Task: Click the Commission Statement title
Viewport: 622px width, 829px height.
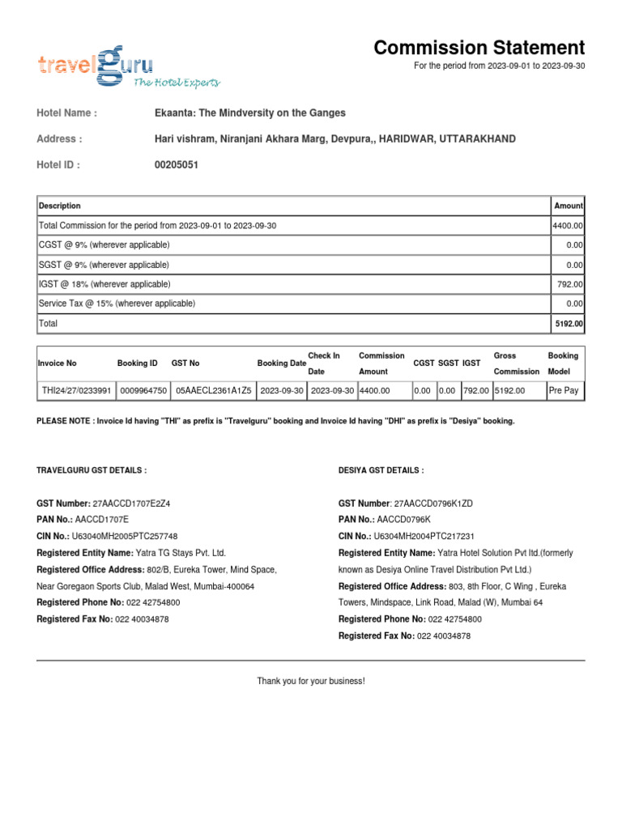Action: click(x=479, y=48)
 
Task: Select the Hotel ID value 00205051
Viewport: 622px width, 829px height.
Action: click(x=176, y=165)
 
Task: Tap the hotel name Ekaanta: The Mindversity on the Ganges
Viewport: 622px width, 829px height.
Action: click(x=249, y=113)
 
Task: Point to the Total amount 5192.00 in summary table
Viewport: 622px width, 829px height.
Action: click(x=568, y=324)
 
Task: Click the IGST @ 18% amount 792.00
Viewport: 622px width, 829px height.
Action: click(x=571, y=284)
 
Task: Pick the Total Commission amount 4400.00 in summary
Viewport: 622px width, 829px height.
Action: click(x=568, y=226)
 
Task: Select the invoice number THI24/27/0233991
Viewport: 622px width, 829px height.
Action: click(x=76, y=390)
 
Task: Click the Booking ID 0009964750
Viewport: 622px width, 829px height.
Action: click(x=143, y=390)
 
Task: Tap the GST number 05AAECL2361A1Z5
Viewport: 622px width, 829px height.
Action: click(x=214, y=390)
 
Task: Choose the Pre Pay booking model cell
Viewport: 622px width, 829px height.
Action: click(x=563, y=390)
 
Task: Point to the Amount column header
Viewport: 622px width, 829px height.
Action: click(x=568, y=206)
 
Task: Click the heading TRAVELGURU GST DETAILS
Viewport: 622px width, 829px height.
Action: click(x=92, y=470)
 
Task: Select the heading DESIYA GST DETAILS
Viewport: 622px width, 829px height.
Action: click(x=381, y=470)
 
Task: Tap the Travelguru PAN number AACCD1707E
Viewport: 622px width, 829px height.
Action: click(x=101, y=519)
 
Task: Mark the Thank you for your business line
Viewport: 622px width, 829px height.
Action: click(x=311, y=681)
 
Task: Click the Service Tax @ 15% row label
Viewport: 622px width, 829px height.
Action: click(x=117, y=304)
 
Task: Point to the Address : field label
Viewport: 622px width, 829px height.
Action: click(x=59, y=139)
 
